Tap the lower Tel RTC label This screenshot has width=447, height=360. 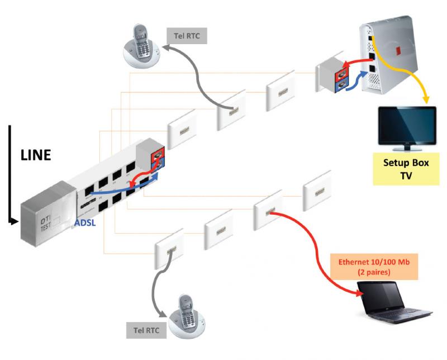[146, 330]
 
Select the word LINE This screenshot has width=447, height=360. [36, 155]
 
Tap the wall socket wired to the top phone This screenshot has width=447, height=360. [231, 110]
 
